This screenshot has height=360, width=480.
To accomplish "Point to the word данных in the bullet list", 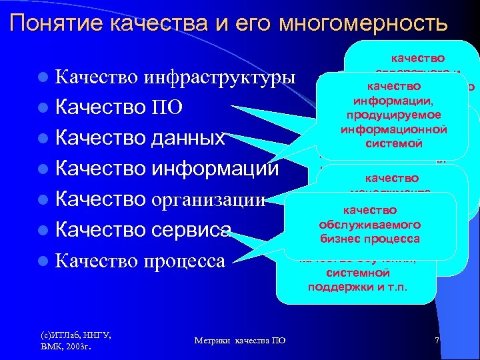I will tap(188, 139).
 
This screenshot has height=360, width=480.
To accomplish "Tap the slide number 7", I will tap(436, 340).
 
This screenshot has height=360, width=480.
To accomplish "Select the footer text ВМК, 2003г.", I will tap(65, 347).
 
